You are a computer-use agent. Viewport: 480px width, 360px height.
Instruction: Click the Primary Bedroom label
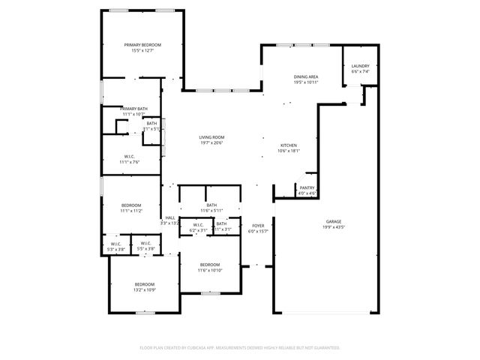(142, 45)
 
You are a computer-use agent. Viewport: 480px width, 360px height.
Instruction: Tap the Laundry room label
(361, 67)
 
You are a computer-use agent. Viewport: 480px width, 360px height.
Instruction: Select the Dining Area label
(306, 76)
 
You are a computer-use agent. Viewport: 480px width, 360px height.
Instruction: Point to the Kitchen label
(289, 145)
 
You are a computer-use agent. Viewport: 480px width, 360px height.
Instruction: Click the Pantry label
(307, 187)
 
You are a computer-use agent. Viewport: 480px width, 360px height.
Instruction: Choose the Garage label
(334, 221)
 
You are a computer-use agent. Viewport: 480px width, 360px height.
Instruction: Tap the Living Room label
(212, 137)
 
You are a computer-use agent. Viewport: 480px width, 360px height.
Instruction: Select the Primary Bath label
(133, 109)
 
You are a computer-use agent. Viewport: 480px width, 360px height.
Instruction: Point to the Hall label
(170, 217)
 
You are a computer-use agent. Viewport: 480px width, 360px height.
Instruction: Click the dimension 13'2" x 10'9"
(144, 289)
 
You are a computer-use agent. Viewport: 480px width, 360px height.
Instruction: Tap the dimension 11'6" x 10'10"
(210, 270)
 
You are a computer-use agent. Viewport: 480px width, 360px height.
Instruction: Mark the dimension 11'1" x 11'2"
(131, 211)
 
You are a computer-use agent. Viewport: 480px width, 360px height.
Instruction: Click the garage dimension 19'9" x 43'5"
(334, 226)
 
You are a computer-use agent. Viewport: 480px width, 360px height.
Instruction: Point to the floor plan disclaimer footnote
(240, 347)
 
